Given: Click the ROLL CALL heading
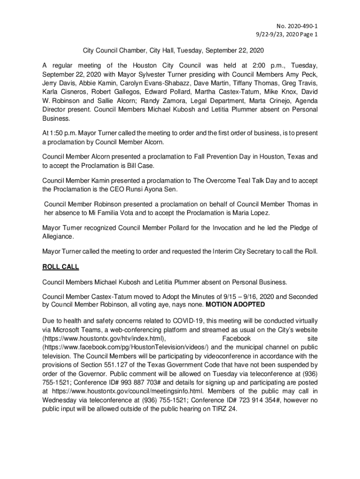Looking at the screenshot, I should click(61, 267).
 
